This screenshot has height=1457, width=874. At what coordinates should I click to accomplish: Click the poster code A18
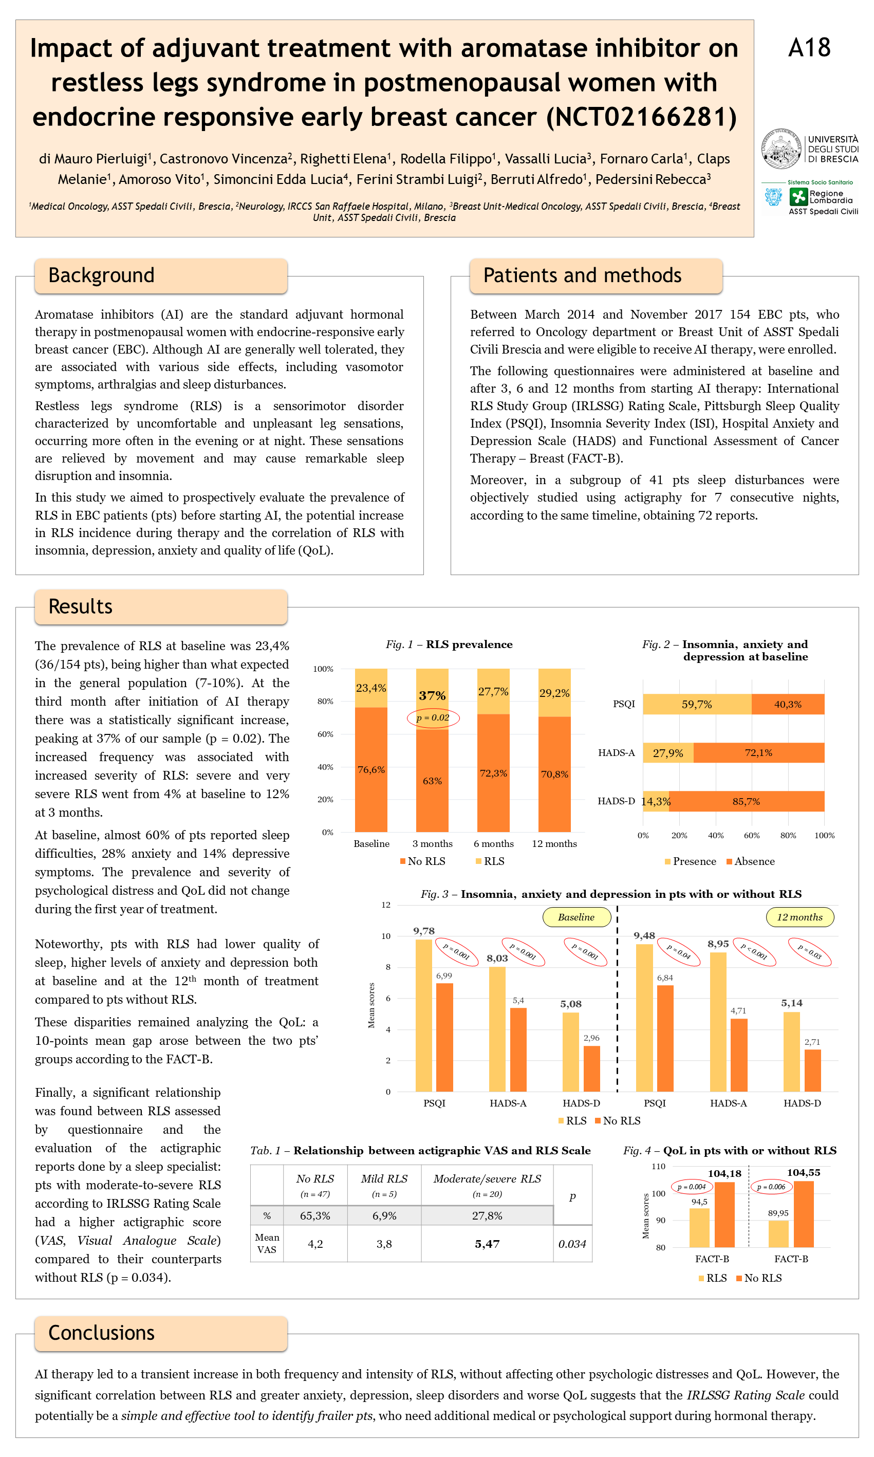pyautogui.click(x=809, y=48)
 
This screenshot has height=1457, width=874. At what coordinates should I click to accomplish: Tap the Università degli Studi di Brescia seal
pyautogui.click(x=781, y=149)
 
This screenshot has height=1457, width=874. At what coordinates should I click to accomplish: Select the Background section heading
pyautogui.click(x=101, y=275)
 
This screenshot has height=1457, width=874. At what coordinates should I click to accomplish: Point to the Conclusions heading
pyautogui.click(x=101, y=1332)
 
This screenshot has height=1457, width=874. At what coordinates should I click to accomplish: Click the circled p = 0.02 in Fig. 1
pyautogui.click(x=433, y=718)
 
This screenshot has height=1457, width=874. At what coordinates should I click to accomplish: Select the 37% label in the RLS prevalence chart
pyautogui.click(x=432, y=695)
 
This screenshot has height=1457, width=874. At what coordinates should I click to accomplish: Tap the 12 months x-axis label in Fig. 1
pyautogui.click(x=554, y=844)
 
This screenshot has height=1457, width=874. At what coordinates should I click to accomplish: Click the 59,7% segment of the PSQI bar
pyautogui.click(x=697, y=705)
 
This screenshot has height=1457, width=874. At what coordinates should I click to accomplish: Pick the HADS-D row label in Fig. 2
pyautogui.click(x=616, y=801)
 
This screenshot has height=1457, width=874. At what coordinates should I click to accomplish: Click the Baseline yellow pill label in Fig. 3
pyautogui.click(x=576, y=917)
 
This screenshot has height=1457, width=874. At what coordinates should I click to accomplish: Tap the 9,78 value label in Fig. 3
pyautogui.click(x=424, y=931)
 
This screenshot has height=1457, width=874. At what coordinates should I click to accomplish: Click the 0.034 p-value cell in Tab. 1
pyautogui.click(x=572, y=1244)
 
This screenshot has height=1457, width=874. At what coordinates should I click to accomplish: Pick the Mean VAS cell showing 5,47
pyautogui.click(x=487, y=1244)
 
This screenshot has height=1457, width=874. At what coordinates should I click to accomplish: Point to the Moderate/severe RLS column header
pyautogui.click(x=487, y=1179)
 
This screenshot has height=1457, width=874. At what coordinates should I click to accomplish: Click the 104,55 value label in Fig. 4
pyautogui.click(x=803, y=1173)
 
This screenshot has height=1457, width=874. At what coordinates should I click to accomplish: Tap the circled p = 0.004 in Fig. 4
pyautogui.click(x=691, y=1187)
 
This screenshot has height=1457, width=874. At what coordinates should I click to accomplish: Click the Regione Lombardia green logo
pyautogui.click(x=798, y=197)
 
